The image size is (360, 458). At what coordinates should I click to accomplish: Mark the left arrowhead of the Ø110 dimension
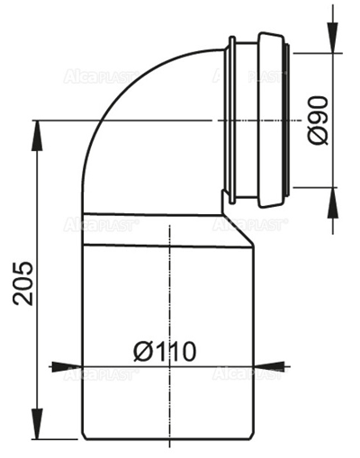[61, 366]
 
